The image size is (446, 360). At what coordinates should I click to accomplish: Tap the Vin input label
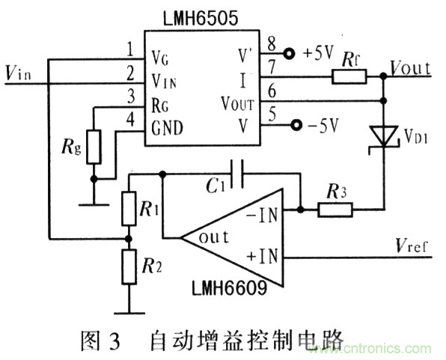[x=19, y=73]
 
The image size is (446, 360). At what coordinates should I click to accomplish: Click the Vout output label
[x=411, y=69]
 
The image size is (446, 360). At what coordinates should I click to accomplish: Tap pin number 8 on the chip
[x=270, y=43]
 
